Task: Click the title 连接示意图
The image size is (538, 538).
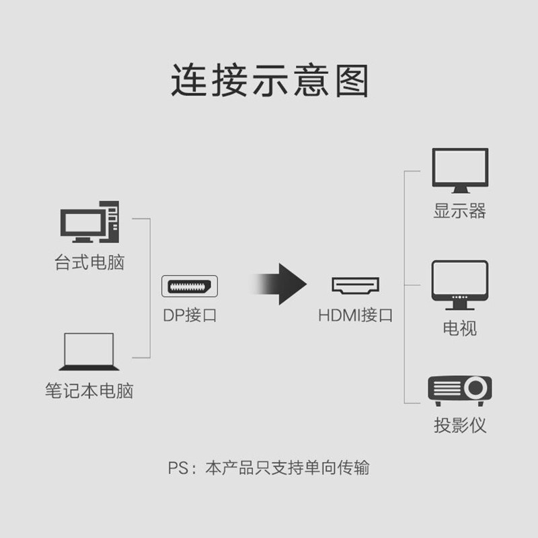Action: click(x=269, y=81)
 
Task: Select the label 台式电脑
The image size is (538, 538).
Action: click(x=89, y=262)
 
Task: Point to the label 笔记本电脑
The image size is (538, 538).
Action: click(x=89, y=391)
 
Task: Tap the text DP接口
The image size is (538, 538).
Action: click(x=190, y=315)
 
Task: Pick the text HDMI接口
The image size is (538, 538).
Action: click(x=355, y=315)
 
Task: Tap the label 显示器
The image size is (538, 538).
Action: click(x=460, y=211)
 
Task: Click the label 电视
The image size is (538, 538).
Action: click(x=460, y=328)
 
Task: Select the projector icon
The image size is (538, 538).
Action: click(x=460, y=390)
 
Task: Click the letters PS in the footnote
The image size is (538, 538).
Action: click(x=177, y=467)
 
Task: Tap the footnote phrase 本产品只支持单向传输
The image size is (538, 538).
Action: click(x=287, y=467)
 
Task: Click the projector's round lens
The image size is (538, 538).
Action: click(x=475, y=388)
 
